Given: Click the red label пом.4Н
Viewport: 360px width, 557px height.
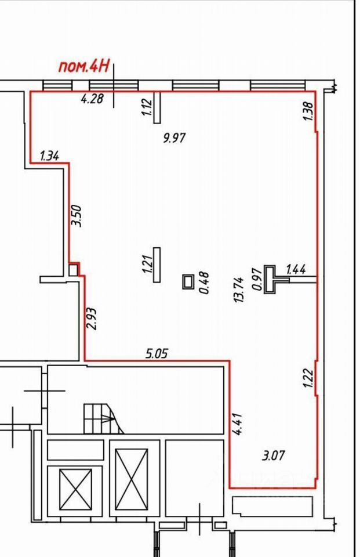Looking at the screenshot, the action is point(83,66).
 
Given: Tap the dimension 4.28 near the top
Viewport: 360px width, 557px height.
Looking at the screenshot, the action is point(92,99).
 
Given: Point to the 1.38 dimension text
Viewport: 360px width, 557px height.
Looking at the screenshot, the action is point(308,111).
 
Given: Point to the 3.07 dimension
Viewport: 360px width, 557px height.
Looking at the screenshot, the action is point(274,455).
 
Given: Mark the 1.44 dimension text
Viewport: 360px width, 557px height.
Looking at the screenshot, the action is point(296,269).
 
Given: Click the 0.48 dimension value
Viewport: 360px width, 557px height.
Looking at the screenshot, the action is point(204,283).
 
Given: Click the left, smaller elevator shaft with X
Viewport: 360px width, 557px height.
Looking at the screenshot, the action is point(75,489).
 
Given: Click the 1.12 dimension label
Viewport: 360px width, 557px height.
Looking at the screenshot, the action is point(146,108).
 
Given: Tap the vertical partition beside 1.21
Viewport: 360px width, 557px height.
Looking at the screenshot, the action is point(157,265).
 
